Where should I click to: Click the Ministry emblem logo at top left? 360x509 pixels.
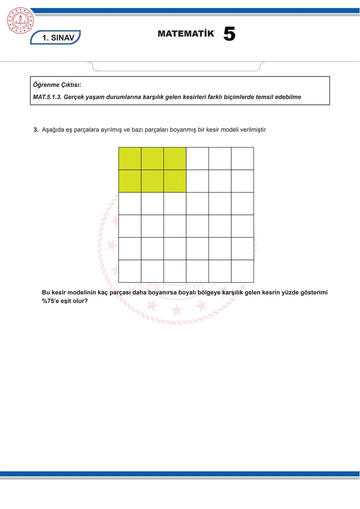pos(20,21)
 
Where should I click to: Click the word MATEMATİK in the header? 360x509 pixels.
pos(186,34)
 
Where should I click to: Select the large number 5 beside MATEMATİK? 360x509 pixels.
pos(229,34)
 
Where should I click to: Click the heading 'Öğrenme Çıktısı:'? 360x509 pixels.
pos(57,85)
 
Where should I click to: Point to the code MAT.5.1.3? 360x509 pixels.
pos(47,97)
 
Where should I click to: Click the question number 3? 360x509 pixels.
pos(36,130)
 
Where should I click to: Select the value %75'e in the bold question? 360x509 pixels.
pos(50,301)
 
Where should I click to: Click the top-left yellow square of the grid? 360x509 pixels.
pos(130,159)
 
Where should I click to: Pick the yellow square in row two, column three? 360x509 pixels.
pos(175,181)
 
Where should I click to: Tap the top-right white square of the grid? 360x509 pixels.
pos(242,159)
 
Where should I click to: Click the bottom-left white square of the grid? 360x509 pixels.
pos(130,271)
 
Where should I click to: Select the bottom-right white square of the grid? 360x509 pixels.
pos(242,271)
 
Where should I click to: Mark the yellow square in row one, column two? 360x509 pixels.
pos(152,159)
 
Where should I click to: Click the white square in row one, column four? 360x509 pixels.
pos(197,159)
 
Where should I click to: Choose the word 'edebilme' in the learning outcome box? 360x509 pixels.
pos(288,97)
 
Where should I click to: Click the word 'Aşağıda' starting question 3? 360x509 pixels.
pos(53,130)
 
